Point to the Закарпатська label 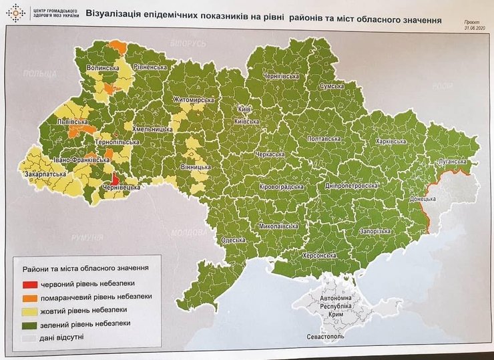pyautogui.click(x=45, y=175)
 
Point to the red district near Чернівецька pyautogui.click(x=114, y=179)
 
